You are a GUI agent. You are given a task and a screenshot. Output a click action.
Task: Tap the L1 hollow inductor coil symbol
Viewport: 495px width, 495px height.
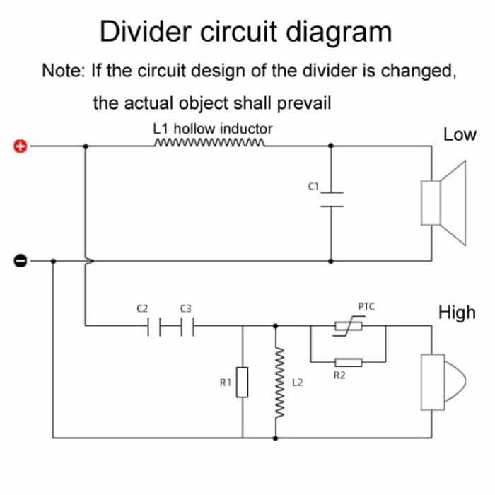pyautogui.click(x=209, y=146)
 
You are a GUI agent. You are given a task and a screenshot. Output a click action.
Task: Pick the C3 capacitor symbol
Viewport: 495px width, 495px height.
pyautogui.click(x=186, y=326)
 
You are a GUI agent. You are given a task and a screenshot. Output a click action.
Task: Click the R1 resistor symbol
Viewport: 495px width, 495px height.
pyautogui.click(x=242, y=383)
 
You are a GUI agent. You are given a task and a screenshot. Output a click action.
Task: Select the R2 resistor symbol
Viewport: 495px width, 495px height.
pyautogui.click(x=348, y=362)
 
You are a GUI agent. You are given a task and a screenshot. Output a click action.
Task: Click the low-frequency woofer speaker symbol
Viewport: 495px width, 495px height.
pyautogui.click(x=445, y=203)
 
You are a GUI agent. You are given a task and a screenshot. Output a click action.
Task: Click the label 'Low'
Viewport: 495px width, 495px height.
pyautogui.click(x=460, y=134)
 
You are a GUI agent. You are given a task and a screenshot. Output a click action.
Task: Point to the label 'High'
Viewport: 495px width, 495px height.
pyautogui.click(x=458, y=313)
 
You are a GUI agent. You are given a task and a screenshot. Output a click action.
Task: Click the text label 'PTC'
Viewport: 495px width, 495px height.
pyautogui.click(x=366, y=307)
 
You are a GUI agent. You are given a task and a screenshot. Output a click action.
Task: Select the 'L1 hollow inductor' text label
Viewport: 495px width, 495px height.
pyautogui.click(x=212, y=129)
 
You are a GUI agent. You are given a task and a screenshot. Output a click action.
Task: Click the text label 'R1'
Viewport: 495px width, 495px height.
pyautogui.click(x=225, y=383)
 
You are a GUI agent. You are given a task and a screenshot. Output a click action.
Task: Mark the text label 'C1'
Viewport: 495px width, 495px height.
pyautogui.click(x=315, y=186)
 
